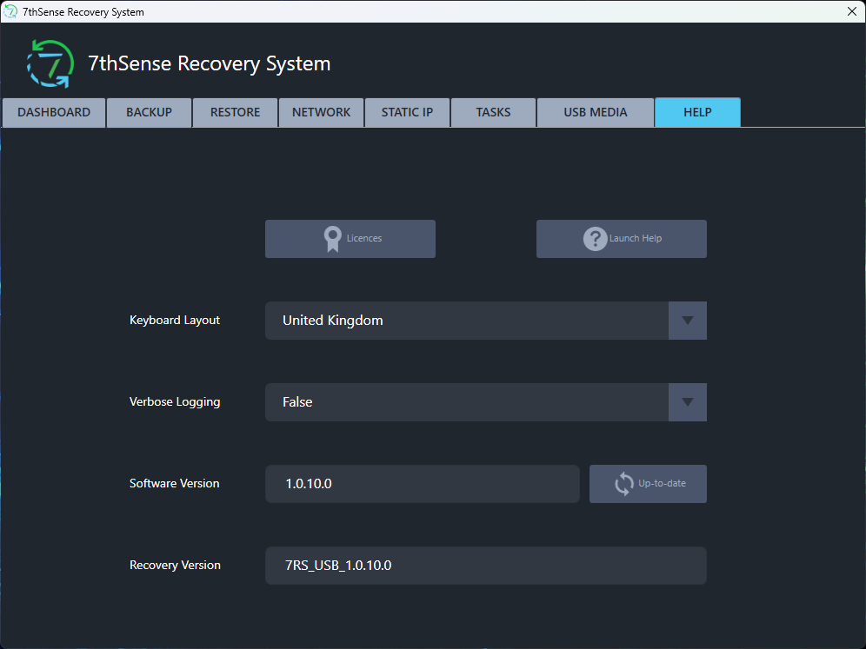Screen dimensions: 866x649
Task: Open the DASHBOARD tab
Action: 54,113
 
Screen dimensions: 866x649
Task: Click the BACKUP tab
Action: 150,113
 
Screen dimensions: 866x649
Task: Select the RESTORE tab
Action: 235,113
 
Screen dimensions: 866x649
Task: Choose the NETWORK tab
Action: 321,113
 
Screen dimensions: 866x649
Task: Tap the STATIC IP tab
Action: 407,113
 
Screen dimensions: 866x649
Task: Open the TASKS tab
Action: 493,113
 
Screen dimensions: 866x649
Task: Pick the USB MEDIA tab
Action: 596,113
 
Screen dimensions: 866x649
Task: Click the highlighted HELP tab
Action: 697,113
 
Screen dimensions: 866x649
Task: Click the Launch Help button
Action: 622,239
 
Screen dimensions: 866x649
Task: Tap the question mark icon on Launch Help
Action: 595,239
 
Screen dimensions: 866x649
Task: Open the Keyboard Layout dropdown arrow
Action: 688,321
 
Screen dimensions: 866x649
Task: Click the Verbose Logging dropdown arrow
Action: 688,402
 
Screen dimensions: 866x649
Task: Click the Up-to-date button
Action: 648,484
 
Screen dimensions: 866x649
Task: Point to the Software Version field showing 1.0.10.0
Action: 423,484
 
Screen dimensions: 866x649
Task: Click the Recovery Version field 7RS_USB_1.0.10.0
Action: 486,566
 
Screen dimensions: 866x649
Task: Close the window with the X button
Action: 851,11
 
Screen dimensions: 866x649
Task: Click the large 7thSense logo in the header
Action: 50,64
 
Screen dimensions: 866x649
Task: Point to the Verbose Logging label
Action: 175,402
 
